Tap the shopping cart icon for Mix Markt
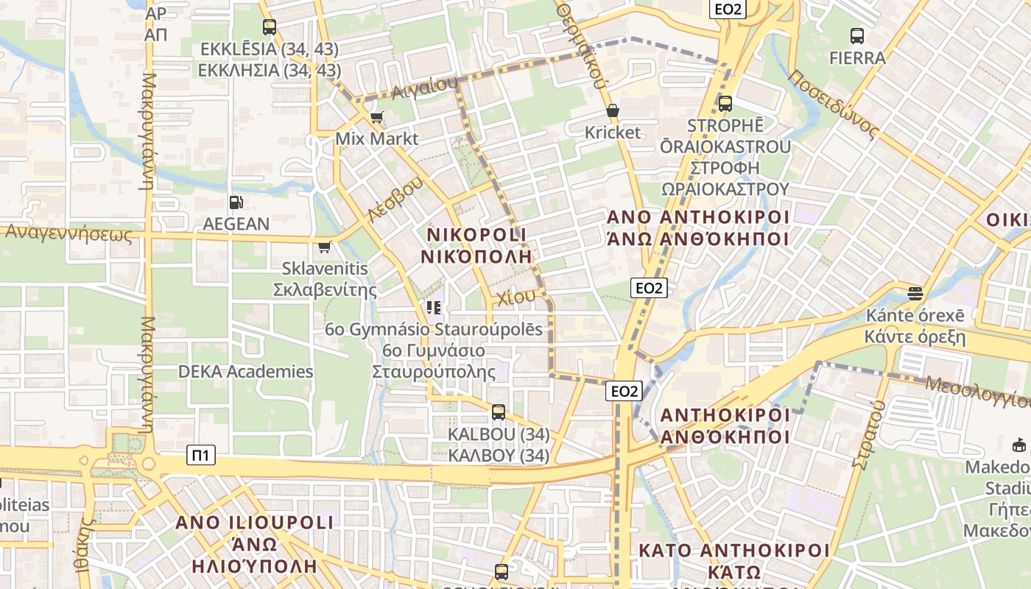point(377,117)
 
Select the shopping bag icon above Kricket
point(613,111)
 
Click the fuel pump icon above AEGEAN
point(236,202)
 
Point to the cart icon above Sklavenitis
point(325,247)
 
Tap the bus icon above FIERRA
point(857,35)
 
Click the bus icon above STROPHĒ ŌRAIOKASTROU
point(725,104)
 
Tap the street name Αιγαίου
point(424,88)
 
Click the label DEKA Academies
point(245,371)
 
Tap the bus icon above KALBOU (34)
point(499,412)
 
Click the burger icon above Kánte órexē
point(915,294)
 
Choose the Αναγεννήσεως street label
point(68,233)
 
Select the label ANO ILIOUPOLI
point(254,523)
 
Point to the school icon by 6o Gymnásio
point(434,307)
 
